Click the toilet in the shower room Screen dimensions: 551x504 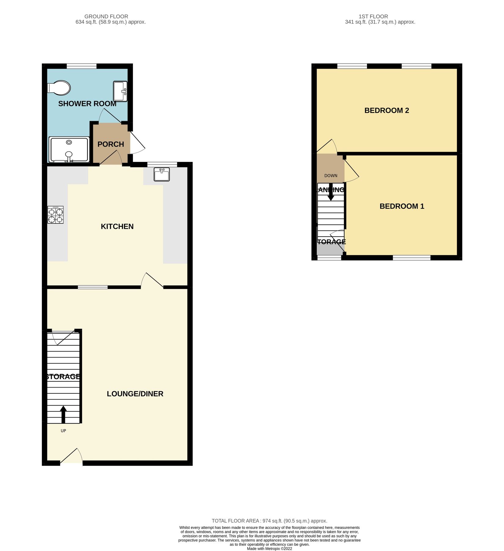(x=59, y=88)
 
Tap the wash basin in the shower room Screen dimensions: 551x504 (x=120, y=91)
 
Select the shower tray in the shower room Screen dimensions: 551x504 (x=69, y=149)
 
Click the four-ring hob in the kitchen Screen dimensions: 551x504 (x=56, y=215)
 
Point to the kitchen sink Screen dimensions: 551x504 (x=161, y=174)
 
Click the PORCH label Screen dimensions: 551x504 (x=111, y=144)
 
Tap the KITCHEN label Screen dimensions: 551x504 (x=117, y=227)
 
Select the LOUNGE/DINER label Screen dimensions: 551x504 (x=135, y=394)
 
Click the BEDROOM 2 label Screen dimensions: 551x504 (x=387, y=111)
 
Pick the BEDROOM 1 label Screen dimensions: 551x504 (x=402, y=206)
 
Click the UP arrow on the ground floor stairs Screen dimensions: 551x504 (x=63, y=414)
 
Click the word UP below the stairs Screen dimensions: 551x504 (x=63, y=431)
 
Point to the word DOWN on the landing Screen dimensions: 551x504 (x=331, y=176)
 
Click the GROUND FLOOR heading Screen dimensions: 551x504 (x=106, y=17)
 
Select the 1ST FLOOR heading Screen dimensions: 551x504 (x=373, y=17)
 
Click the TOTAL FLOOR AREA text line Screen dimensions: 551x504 (x=269, y=521)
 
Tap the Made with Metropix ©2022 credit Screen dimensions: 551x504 (x=269, y=549)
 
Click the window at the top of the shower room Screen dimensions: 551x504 (x=82, y=66)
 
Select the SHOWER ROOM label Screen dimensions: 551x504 (x=87, y=104)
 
